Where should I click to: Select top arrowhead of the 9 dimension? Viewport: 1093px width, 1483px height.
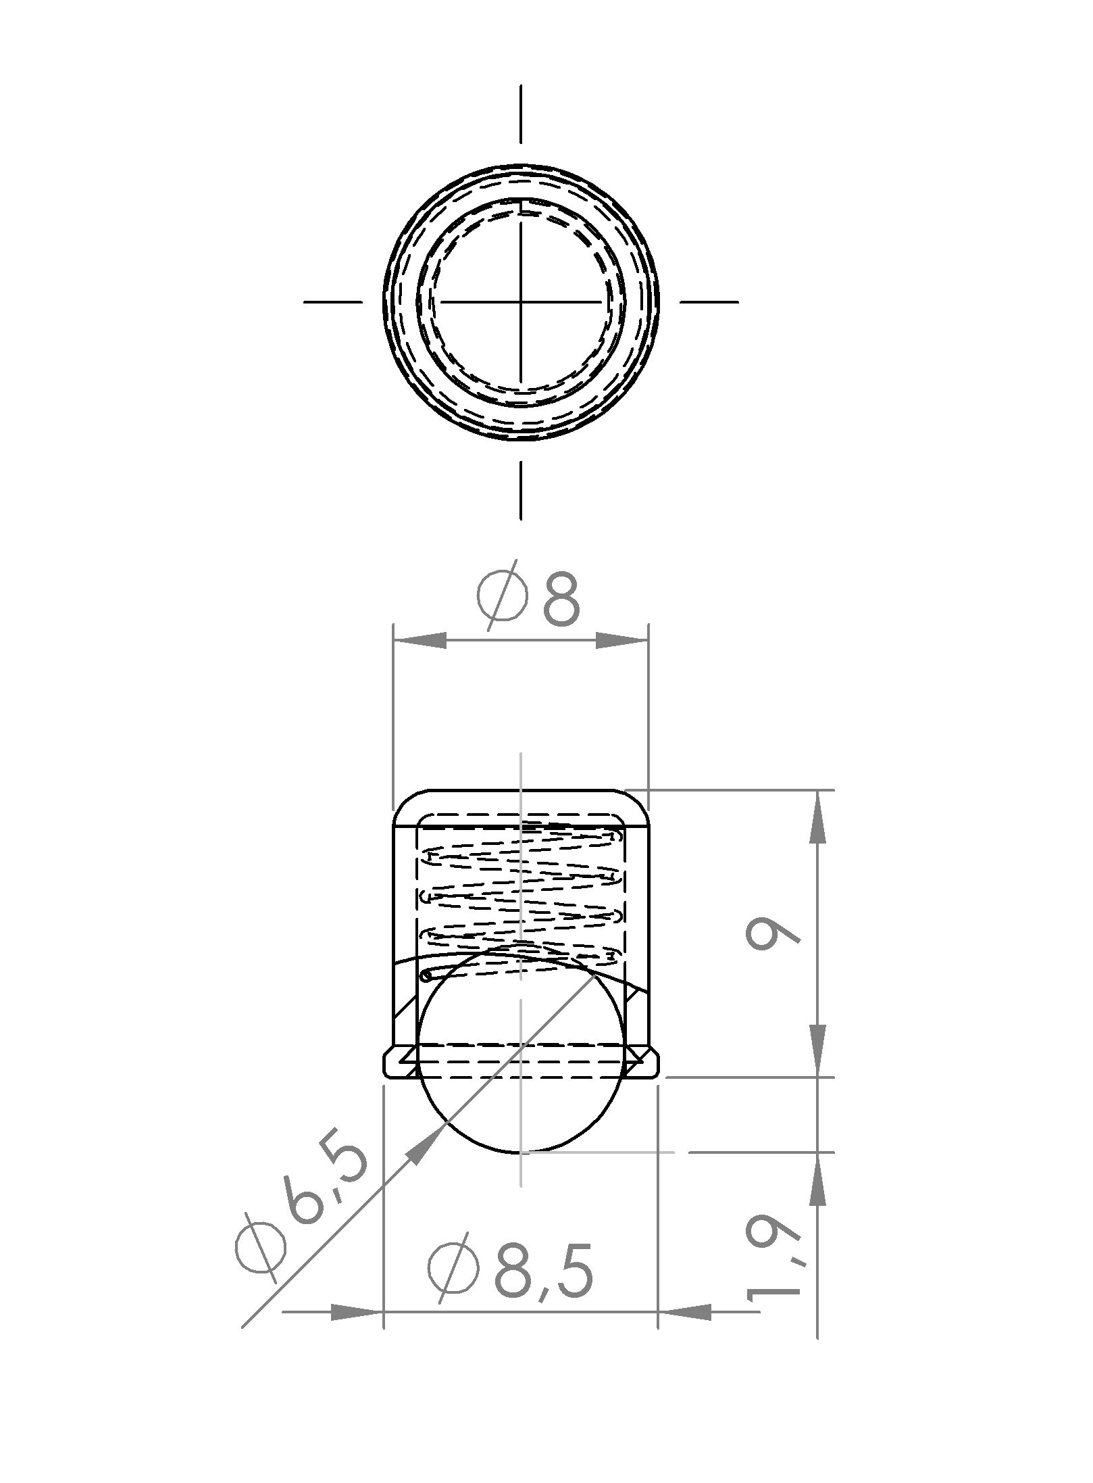pos(817,817)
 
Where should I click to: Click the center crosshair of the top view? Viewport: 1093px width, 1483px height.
pos(520,301)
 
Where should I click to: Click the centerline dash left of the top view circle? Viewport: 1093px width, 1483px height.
pos(333,301)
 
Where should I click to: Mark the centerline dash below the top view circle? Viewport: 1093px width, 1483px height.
pos(520,490)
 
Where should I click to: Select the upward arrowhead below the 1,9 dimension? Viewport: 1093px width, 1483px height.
pos(817,1180)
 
